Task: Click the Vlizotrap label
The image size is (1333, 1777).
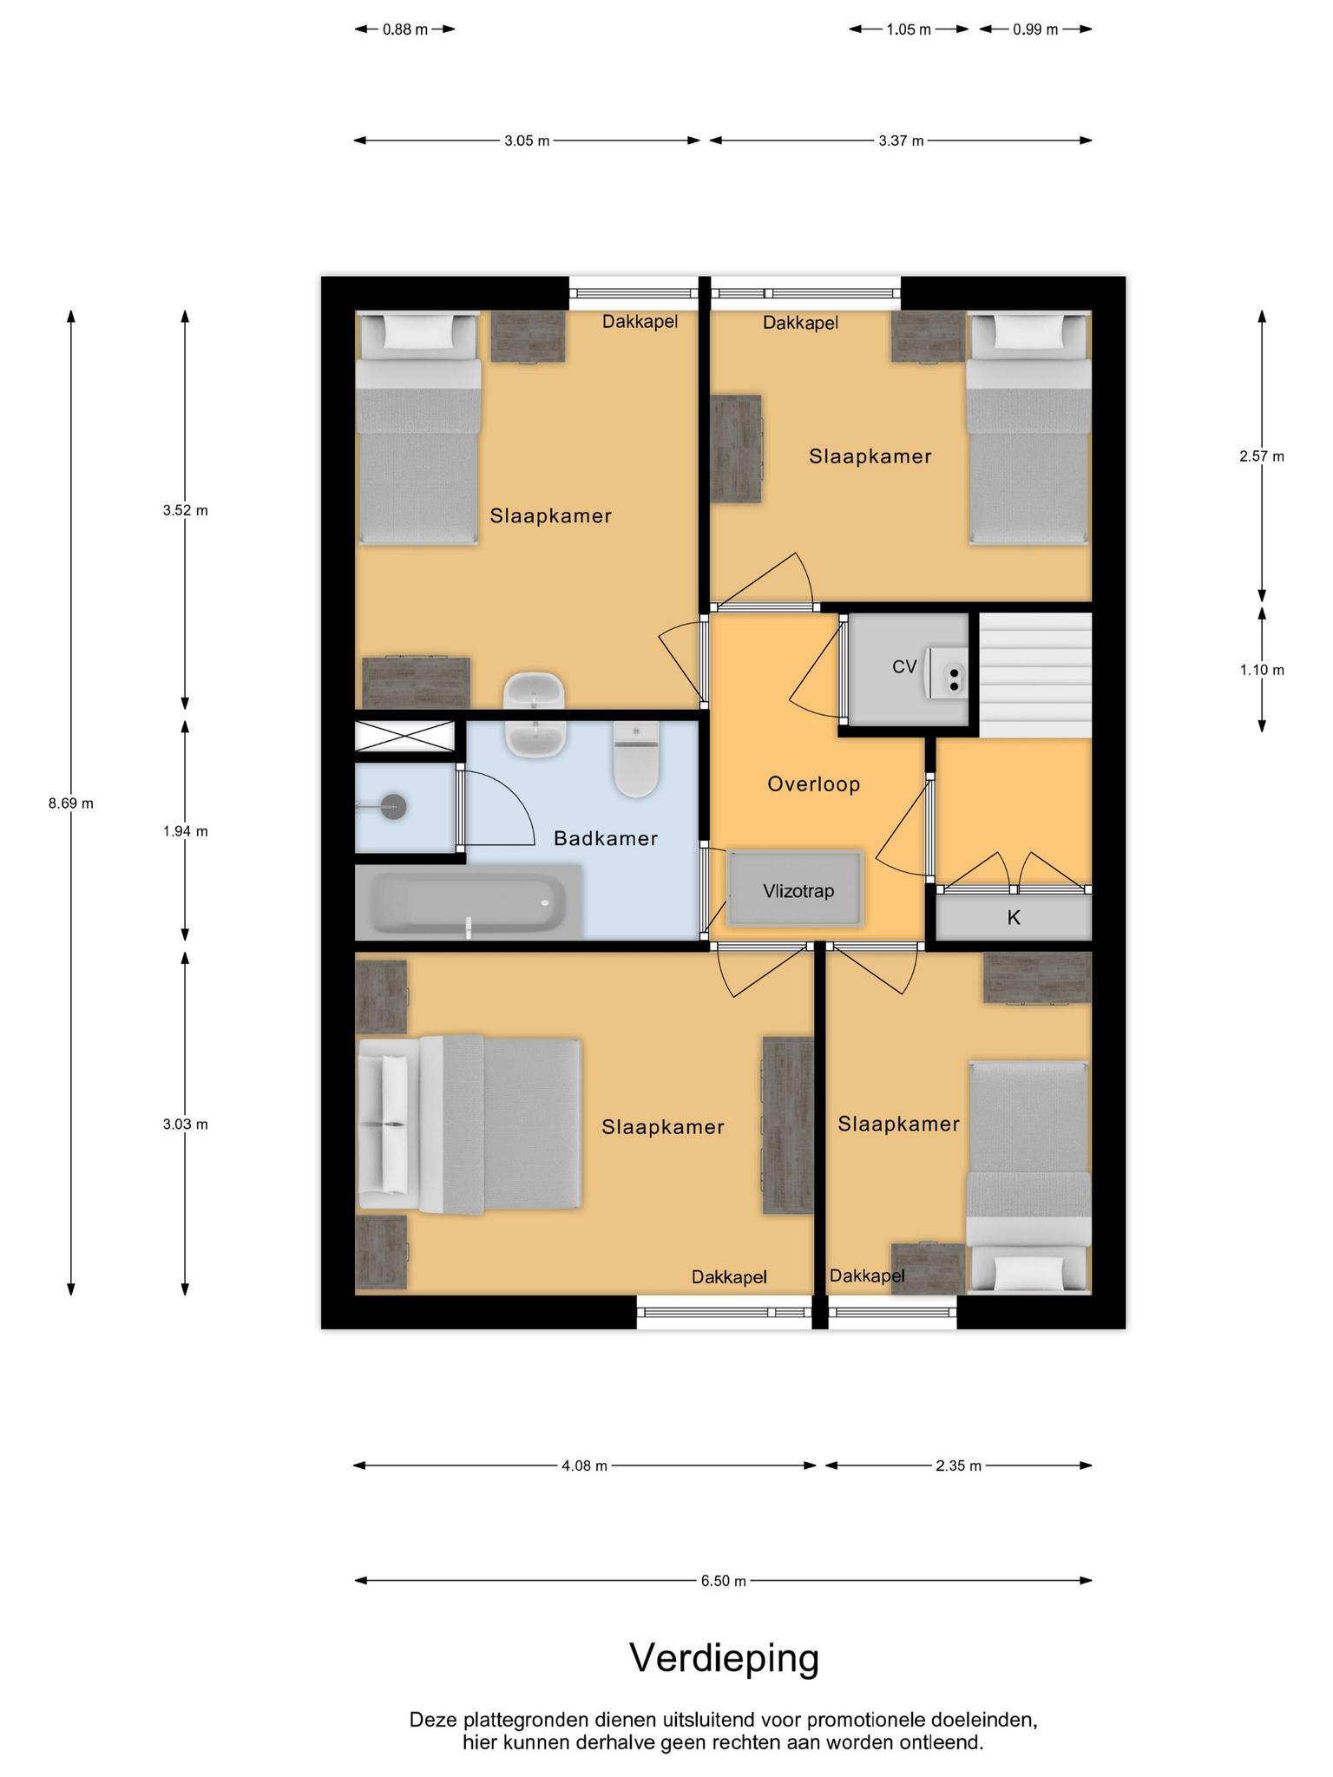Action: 798,891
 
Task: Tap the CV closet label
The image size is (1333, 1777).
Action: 904,666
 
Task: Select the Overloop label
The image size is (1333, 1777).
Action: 814,784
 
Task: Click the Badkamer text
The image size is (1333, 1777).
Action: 606,838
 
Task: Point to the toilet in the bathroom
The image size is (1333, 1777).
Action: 636,759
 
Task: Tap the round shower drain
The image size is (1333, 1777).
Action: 394,807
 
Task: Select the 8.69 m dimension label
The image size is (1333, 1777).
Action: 71,803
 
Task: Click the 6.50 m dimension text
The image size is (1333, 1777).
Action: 724,1581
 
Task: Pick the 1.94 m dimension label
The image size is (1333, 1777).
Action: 185,831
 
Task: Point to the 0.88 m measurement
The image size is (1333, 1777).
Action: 405,30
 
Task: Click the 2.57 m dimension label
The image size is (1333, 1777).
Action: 1262,456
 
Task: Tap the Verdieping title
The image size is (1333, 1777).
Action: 725,1657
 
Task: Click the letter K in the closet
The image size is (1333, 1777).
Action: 1014,917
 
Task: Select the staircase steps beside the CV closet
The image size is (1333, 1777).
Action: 1035,675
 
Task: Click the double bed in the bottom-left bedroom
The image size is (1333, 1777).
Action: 470,1124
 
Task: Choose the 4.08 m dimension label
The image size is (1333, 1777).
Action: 584,1466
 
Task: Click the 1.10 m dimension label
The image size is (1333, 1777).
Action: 1262,670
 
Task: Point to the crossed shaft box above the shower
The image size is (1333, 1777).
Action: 405,737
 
